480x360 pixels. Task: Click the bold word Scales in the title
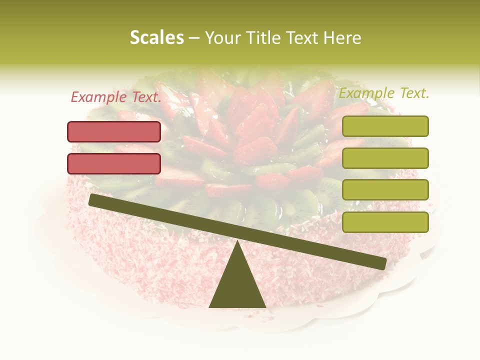[x=156, y=37]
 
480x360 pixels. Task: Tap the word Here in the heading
[x=342, y=37]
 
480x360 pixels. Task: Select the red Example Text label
[x=115, y=97]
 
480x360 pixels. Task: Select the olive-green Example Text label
[x=383, y=93]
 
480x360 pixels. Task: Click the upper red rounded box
[x=114, y=131]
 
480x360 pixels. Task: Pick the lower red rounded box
[x=114, y=163]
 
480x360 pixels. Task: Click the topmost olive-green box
[x=385, y=126]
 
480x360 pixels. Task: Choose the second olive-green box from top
[x=385, y=158]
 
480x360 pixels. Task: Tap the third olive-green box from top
[x=385, y=189]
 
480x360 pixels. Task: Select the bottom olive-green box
[x=385, y=222]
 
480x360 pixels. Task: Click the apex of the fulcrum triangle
[x=237, y=242]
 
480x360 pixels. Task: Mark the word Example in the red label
[x=98, y=97]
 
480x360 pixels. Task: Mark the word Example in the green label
[x=367, y=93]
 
